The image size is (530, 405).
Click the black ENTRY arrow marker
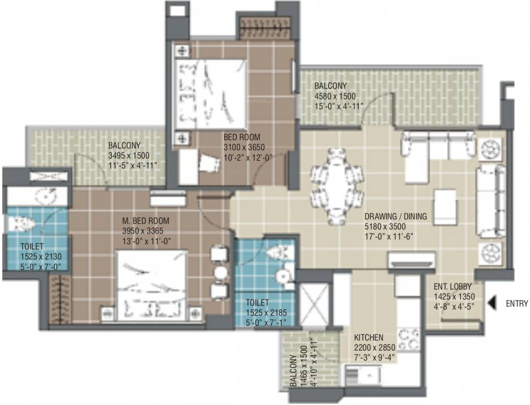point(490,303)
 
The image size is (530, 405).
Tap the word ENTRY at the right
point(517,303)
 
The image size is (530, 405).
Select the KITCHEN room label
point(369,337)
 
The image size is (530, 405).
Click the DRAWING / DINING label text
point(396,217)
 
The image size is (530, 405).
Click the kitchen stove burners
point(409,339)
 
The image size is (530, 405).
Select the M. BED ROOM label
point(146,221)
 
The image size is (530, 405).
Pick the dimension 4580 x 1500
point(335,96)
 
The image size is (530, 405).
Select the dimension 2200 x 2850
point(375,348)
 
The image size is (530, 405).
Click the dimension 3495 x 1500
point(129,156)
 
